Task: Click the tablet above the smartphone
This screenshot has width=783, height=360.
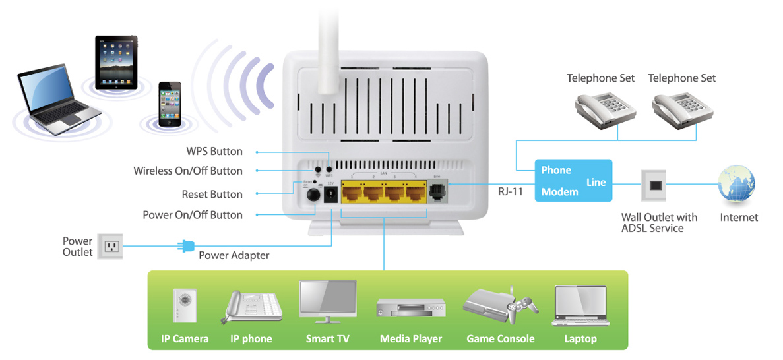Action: (x=116, y=63)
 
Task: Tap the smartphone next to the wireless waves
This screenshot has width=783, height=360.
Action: (x=170, y=104)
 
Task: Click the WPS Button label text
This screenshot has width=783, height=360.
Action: (x=214, y=152)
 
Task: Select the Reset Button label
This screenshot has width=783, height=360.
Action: (x=212, y=195)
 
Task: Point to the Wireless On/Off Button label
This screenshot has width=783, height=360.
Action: (x=188, y=171)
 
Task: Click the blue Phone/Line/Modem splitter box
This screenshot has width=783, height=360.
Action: (x=573, y=181)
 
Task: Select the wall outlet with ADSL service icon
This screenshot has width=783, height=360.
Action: (x=653, y=186)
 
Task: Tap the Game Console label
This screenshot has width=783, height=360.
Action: (x=500, y=340)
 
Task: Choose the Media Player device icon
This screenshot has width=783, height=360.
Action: (x=410, y=310)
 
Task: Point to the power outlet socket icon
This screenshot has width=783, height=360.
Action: (x=110, y=247)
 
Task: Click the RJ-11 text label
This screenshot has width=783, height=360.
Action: (x=511, y=193)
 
